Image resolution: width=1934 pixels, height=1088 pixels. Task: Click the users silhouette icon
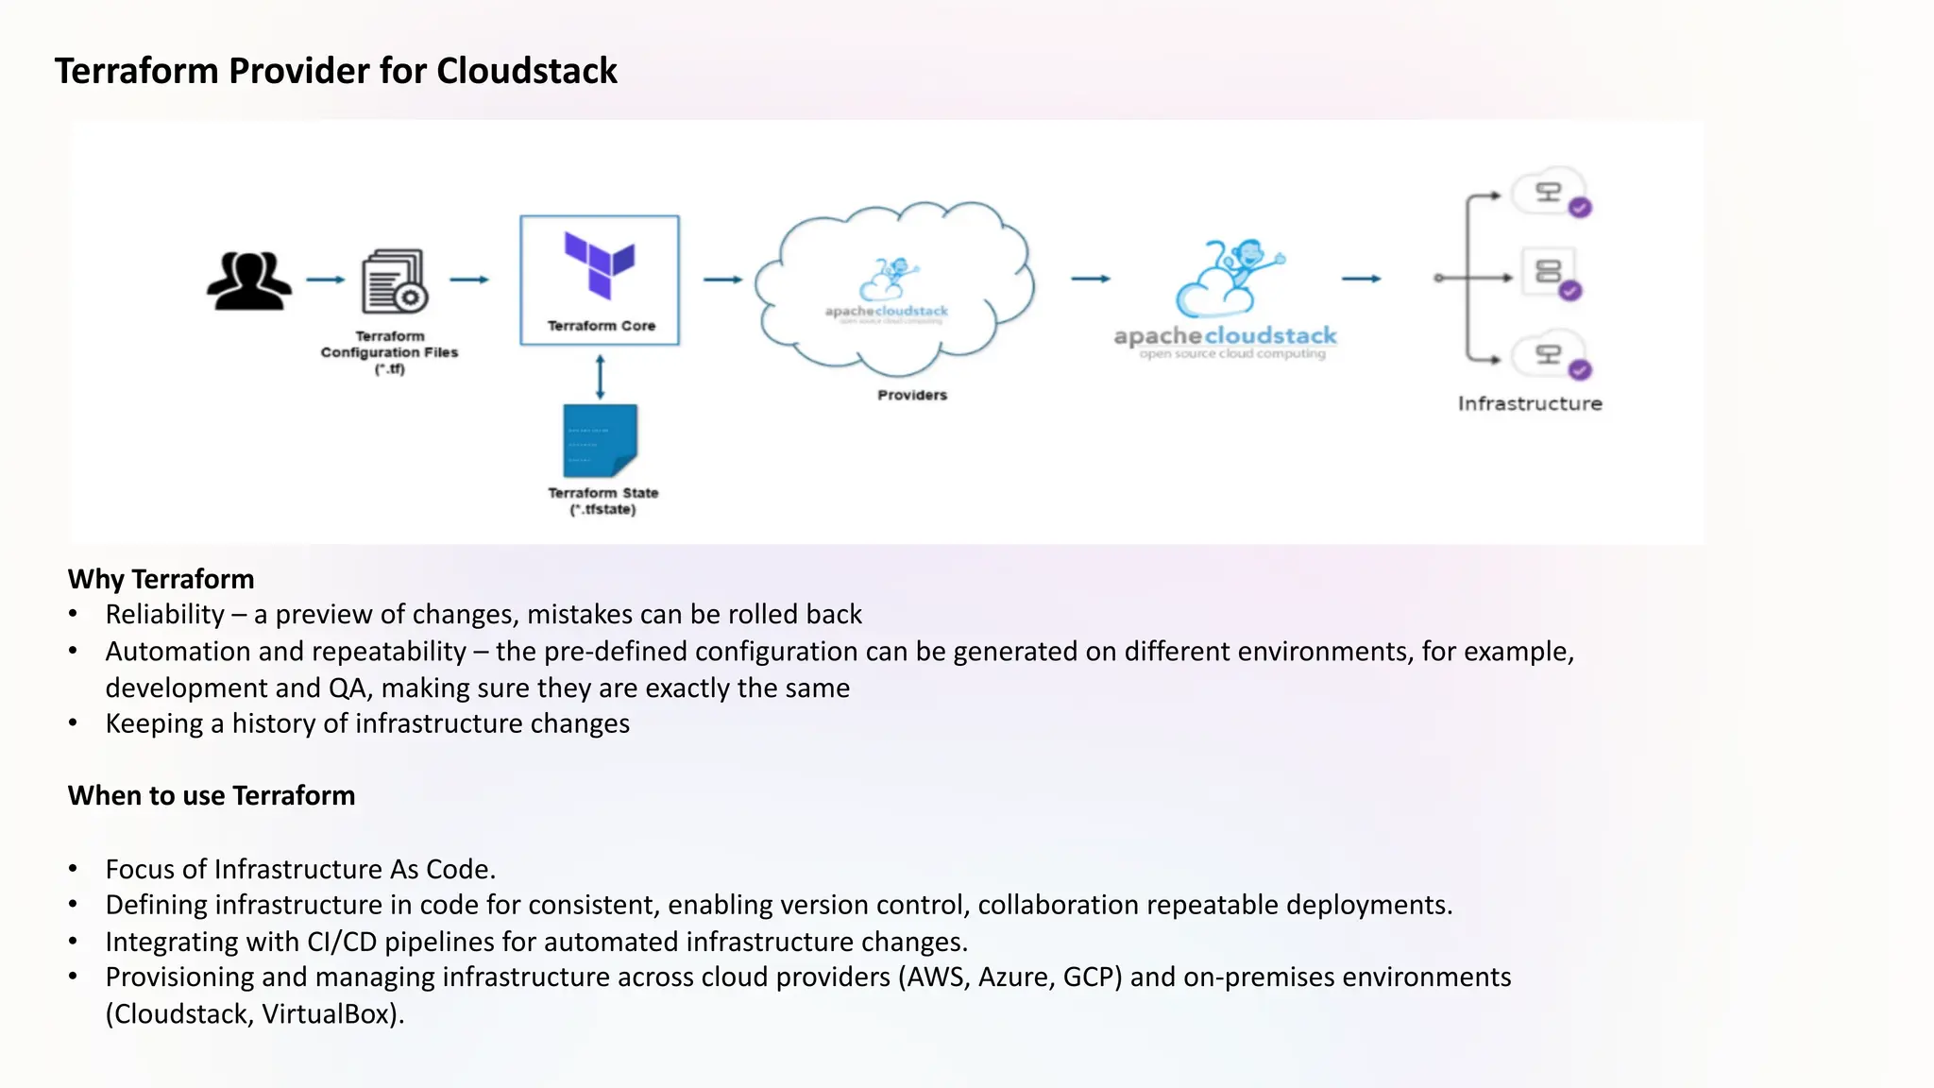(x=249, y=280)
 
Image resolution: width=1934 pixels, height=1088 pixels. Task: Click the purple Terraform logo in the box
(x=600, y=263)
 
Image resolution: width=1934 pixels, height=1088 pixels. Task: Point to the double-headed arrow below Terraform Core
(x=600, y=376)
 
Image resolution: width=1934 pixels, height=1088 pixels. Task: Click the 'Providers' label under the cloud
(x=911, y=395)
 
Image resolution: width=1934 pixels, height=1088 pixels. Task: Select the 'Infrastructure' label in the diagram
(x=1529, y=403)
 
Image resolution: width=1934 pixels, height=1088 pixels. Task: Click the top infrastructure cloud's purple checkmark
(x=1580, y=208)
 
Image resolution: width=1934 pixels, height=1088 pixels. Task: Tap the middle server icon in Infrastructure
(x=1548, y=272)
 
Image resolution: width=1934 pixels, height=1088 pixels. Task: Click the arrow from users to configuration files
(x=326, y=280)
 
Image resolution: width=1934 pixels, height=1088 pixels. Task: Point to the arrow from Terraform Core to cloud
(x=723, y=280)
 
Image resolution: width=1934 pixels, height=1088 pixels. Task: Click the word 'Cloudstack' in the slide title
(x=526, y=71)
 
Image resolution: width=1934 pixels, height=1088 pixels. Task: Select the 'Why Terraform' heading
(x=161, y=579)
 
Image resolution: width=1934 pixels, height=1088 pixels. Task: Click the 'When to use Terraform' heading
(x=212, y=795)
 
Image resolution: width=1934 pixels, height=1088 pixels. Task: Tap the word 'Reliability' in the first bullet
(x=164, y=615)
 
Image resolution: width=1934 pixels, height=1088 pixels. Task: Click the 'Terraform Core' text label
(x=601, y=326)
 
